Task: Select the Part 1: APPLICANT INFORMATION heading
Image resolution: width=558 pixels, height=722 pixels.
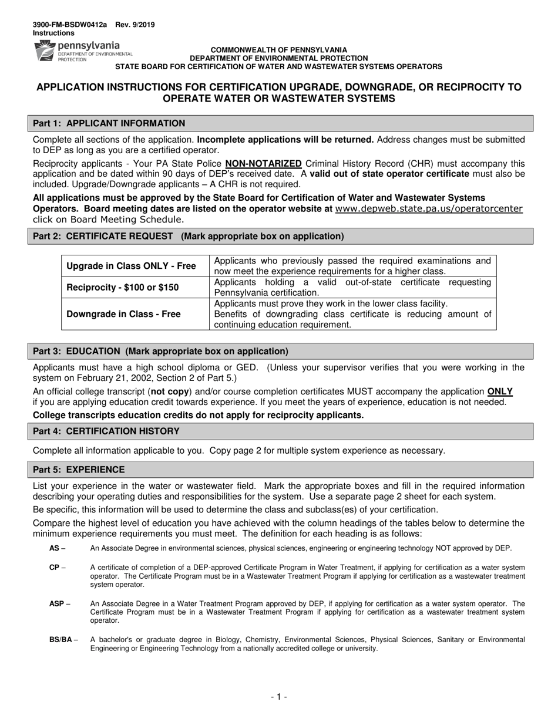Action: [x=109, y=123]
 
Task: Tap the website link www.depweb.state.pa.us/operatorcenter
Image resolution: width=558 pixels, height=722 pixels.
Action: [x=428, y=208]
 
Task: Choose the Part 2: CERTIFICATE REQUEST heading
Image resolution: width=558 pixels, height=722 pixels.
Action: [x=188, y=237]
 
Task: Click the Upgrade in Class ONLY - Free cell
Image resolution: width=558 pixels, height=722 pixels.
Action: [x=132, y=266]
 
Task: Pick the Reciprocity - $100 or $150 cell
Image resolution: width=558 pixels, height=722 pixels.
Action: [x=123, y=288]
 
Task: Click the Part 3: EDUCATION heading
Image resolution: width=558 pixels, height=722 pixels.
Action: [x=160, y=352]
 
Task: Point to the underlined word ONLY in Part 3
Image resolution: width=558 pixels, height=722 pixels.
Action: [x=500, y=392]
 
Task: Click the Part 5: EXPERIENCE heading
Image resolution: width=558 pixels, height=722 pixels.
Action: [x=79, y=470]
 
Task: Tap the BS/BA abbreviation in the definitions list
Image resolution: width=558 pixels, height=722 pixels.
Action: [x=60, y=640]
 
